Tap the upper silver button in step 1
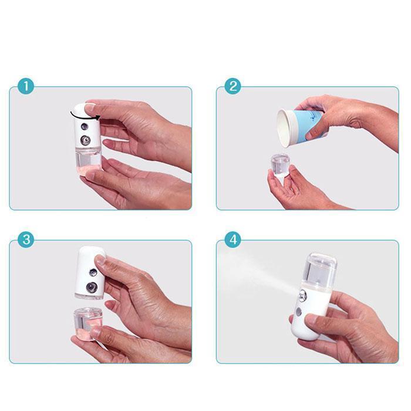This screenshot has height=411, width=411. click(86, 126)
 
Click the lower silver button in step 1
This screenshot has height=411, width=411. click(86, 141)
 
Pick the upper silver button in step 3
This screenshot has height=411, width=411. click(93, 274)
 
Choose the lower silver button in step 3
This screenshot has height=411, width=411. click(92, 288)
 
